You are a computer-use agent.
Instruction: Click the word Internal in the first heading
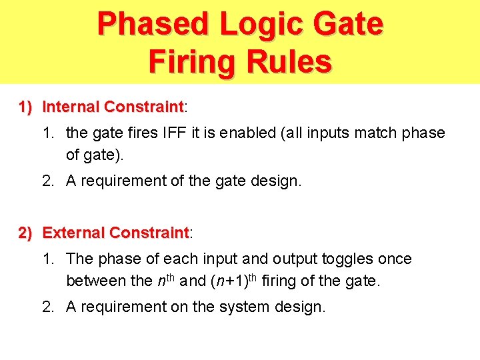pyautogui.click(x=71, y=107)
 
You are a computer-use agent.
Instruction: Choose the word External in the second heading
pyautogui.click(x=73, y=233)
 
